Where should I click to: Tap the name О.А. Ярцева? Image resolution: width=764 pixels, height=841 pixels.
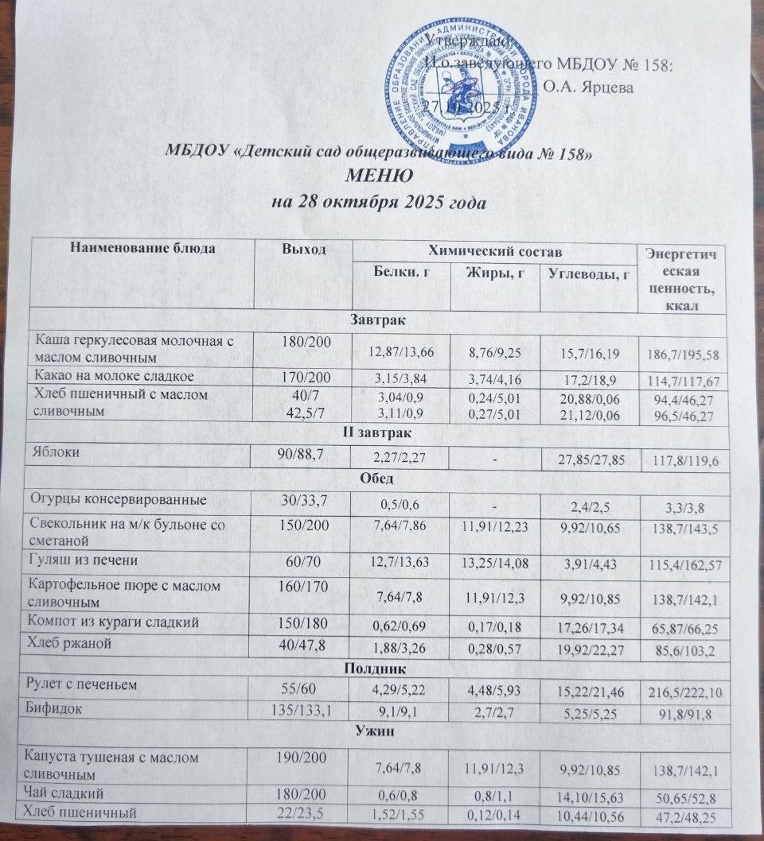point(589,87)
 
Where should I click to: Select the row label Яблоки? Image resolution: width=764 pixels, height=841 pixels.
point(55,452)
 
